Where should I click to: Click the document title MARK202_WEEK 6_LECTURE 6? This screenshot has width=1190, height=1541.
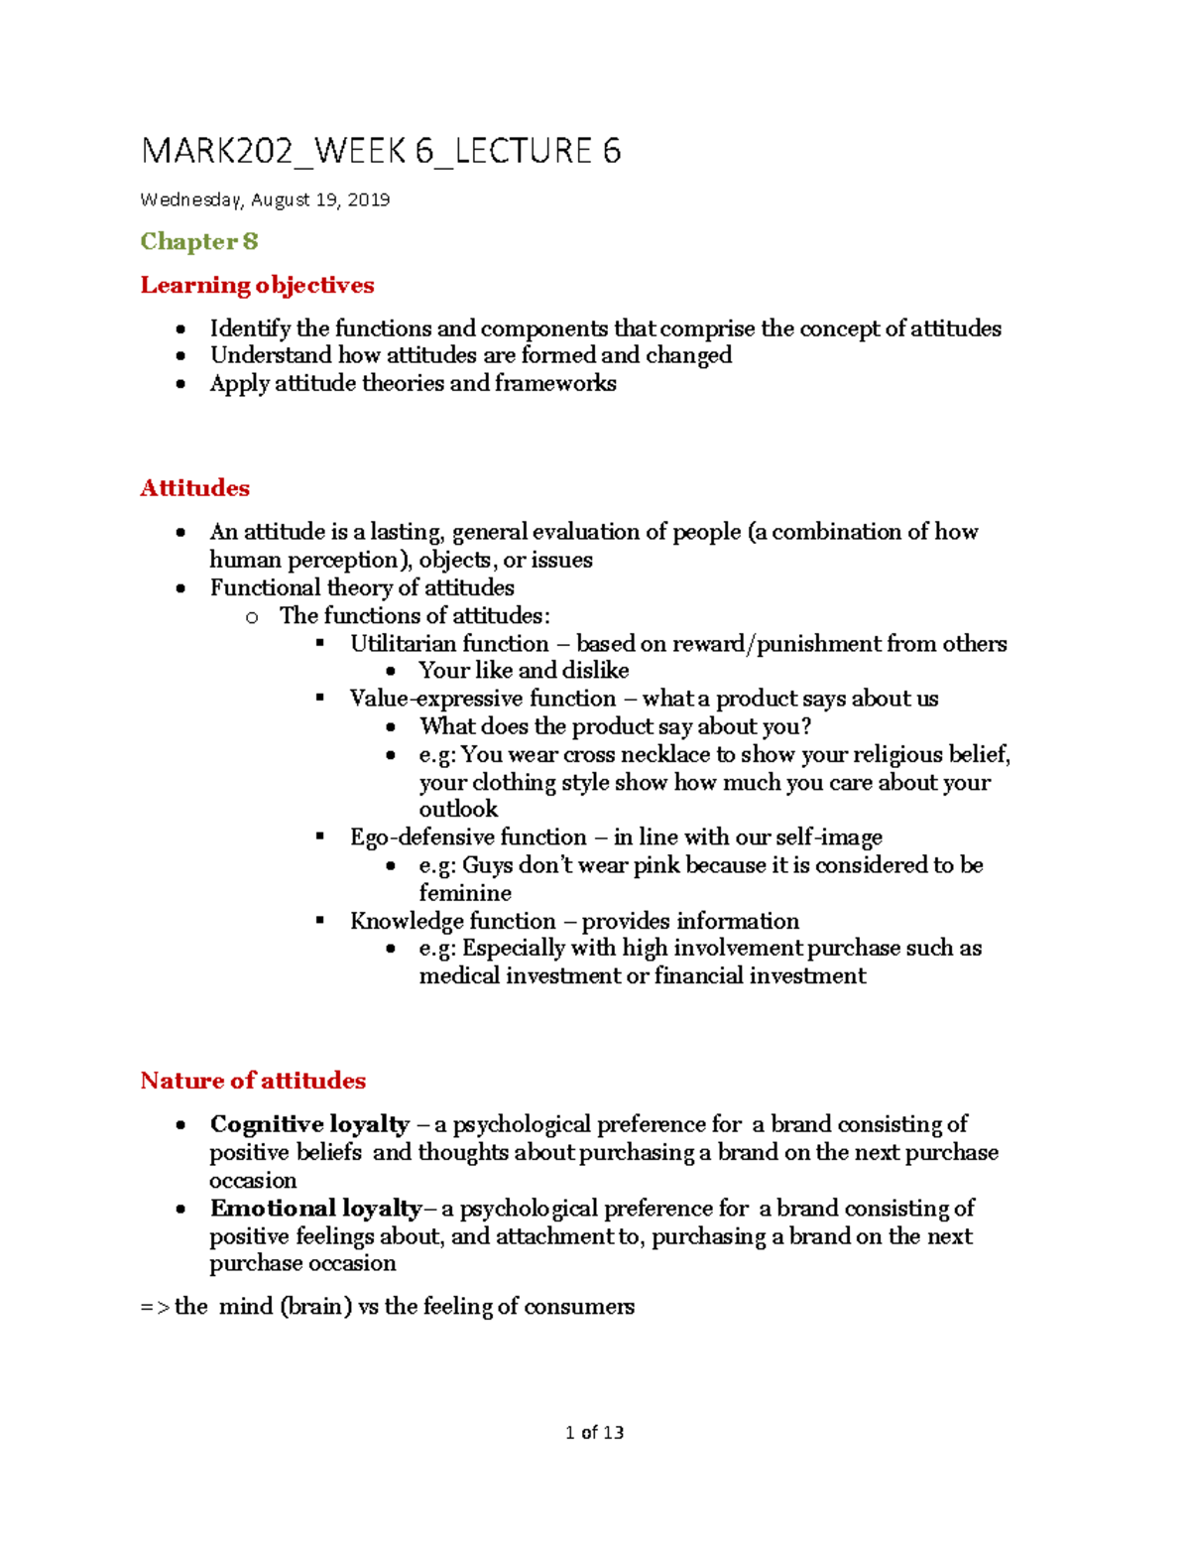tap(381, 151)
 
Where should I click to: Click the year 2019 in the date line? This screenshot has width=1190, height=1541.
tap(368, 200)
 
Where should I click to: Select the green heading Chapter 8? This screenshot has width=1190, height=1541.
tap(199, 241)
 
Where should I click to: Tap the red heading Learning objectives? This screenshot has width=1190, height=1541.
tap(257, 286)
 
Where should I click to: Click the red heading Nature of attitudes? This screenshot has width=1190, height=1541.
tap(253, 1081)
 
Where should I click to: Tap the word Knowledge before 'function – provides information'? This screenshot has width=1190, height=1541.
tap(404, 921)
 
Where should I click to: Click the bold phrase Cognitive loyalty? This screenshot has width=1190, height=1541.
tap(309, 1124)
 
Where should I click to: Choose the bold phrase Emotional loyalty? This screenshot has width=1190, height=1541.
tap(315, 1209)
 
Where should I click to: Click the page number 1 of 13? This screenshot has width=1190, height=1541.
tap(594, 1433)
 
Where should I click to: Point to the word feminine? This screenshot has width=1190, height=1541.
tap(465, 893)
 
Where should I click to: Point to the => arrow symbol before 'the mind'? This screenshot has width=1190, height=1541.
tap(154, 1307)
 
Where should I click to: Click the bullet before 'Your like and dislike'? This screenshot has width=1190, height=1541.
tap(392, 672)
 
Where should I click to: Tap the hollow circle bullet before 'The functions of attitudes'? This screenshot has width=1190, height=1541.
tap(252, 617)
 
